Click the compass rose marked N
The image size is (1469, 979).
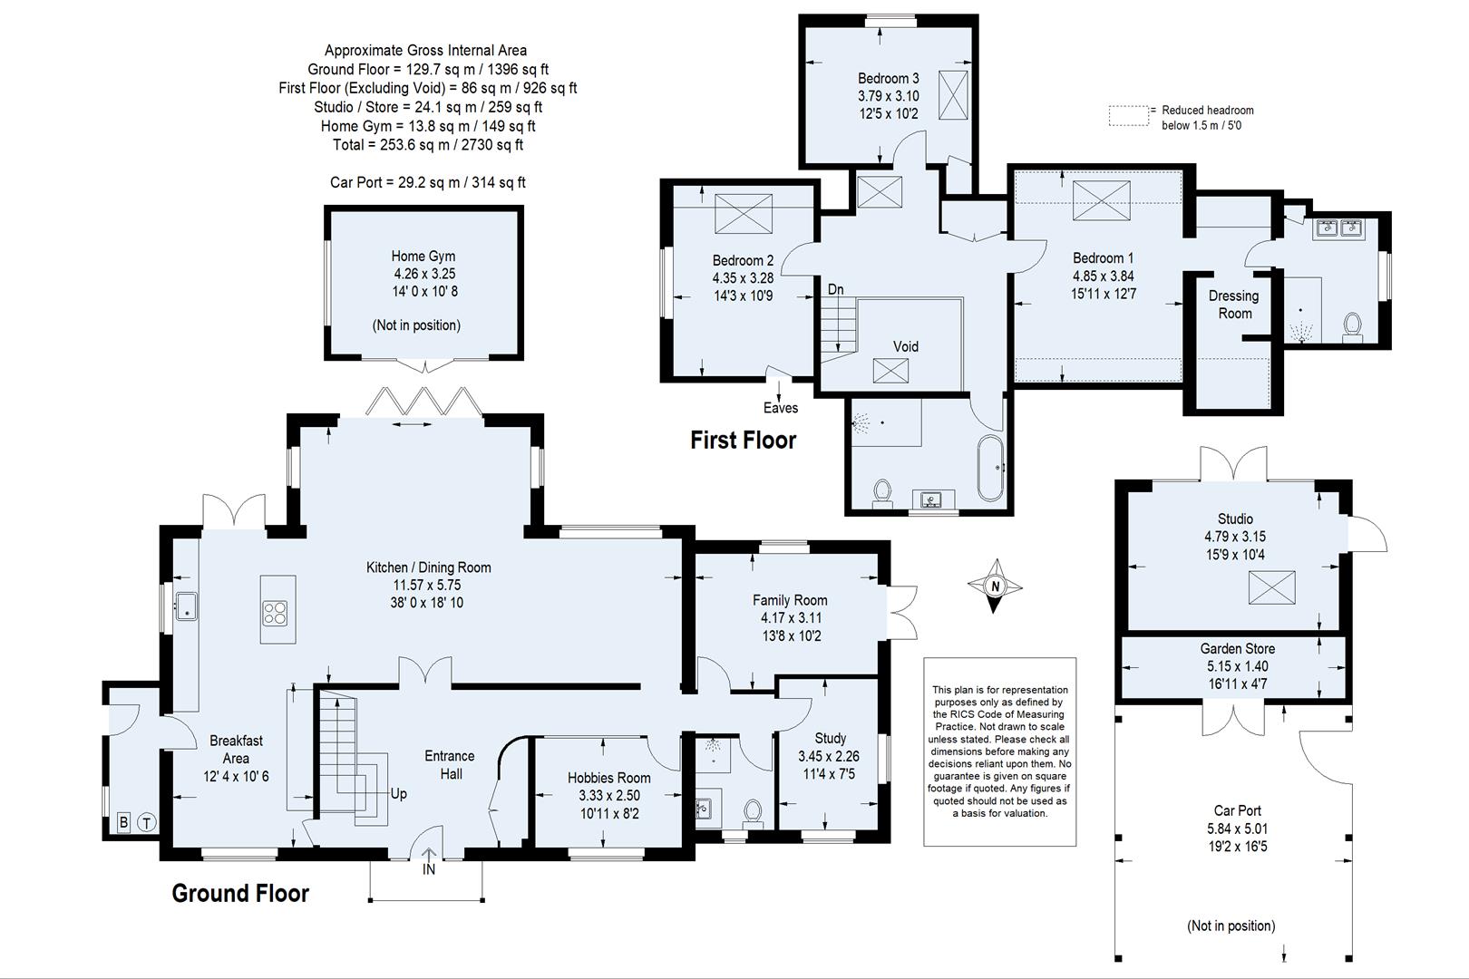tap(995, 586)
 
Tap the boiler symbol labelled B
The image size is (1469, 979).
tap(123, 823)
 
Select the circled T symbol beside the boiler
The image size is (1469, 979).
tap(146, 823)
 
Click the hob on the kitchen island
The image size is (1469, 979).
tap(276, 614)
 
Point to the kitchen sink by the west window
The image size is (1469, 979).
tap(187, 606)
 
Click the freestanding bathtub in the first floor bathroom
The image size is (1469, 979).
tap(990, 468)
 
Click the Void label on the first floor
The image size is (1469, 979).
tap(905, 346)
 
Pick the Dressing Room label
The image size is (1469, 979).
tap(1233, 305)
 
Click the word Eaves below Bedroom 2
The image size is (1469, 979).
tap(780, 408)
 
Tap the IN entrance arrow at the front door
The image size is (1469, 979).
tap(429, 861)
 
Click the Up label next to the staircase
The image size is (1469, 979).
tap(398, 793)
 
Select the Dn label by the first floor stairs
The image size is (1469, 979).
tap(835, 289)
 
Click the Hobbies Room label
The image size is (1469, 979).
tap(608, 778)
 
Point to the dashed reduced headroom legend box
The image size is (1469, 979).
tap(1128, 115)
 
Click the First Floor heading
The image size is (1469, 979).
tap(743, 441)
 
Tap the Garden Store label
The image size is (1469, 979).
tap(1237, 649)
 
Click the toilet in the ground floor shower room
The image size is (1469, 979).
tap(752, 809)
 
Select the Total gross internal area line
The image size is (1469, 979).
tap(427, 145)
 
